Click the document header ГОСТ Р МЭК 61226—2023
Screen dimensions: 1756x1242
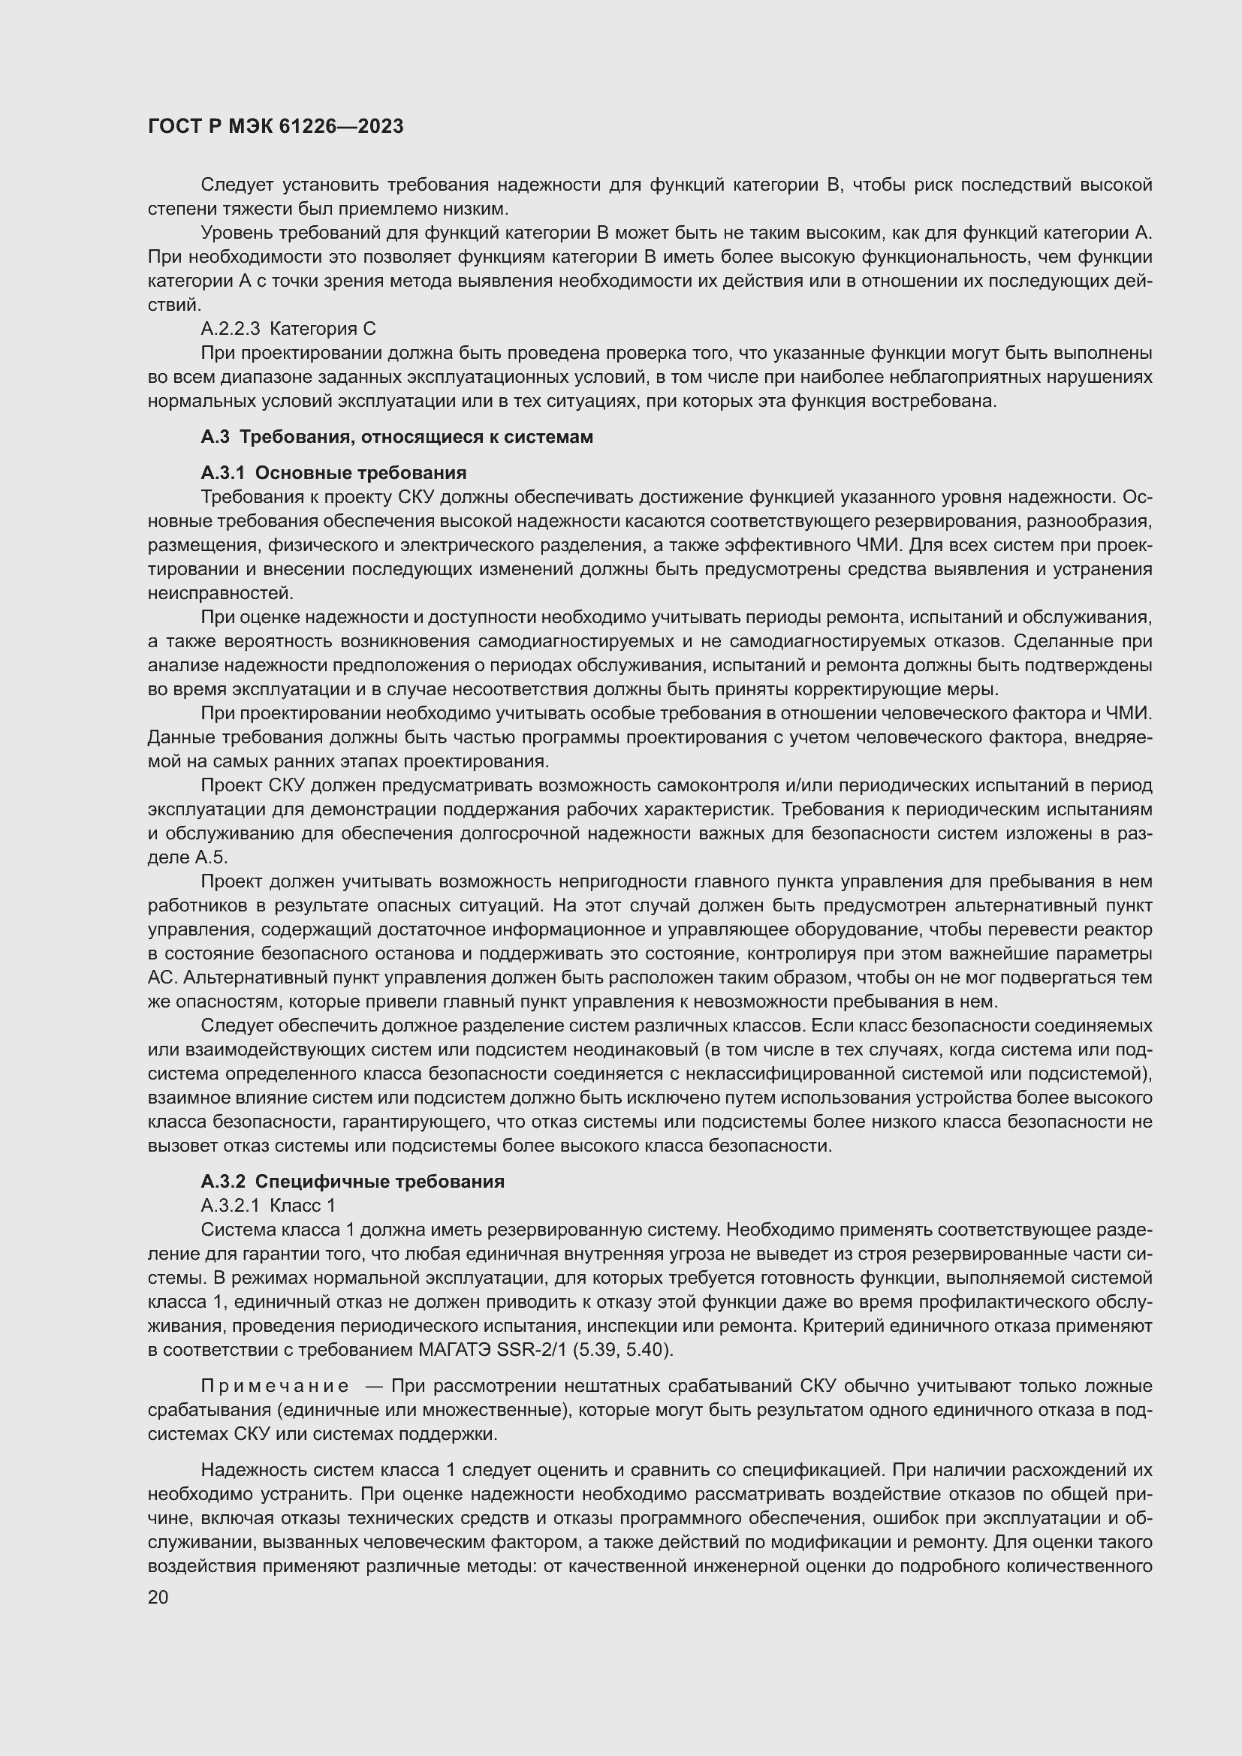point(276,127)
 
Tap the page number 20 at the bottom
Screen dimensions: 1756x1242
point(158,1597)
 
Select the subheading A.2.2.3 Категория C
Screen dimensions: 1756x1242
point(288,329)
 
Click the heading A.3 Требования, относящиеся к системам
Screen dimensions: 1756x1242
point(397,437)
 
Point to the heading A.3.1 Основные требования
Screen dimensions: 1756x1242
point(333,473)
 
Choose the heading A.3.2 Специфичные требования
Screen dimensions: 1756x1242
point(353,1181)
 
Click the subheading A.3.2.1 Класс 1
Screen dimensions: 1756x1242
point(267,1206)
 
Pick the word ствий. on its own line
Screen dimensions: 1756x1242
point(173,305)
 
